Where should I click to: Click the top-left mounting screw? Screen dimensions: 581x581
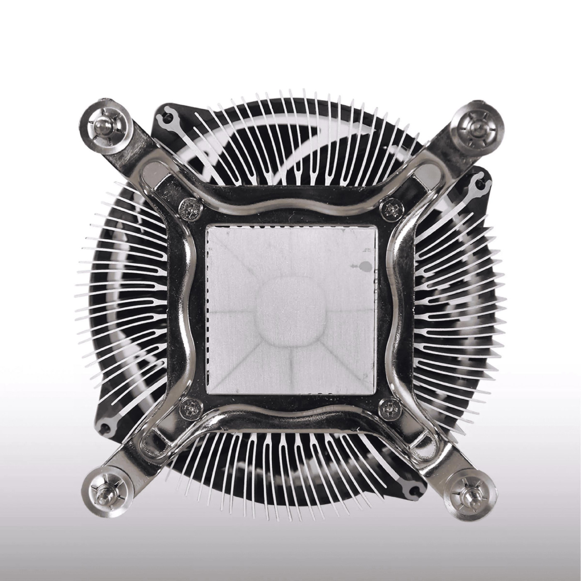(x=102, y=124)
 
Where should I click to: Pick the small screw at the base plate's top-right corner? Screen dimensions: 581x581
(x=391, y=209)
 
